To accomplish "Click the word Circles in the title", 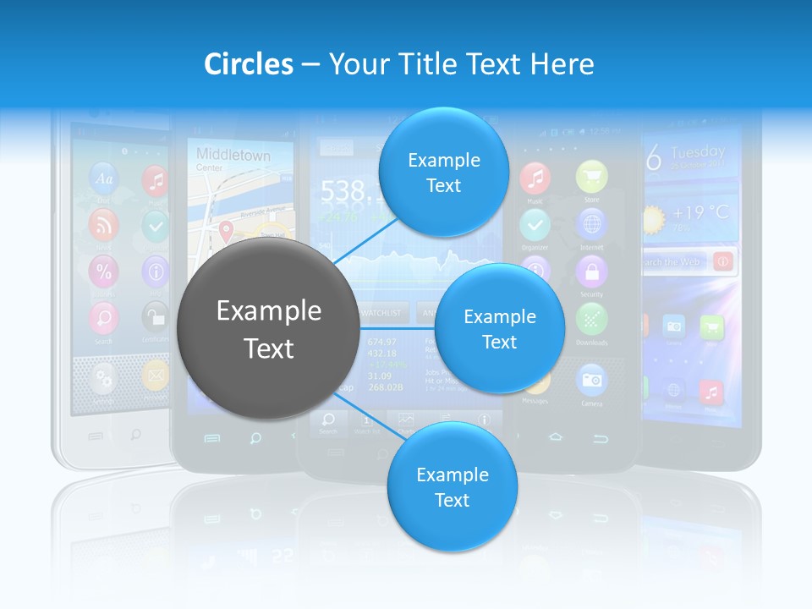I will (249, 63).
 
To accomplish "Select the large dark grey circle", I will (268, 329).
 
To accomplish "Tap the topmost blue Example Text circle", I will (443, 172).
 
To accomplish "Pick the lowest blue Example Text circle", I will (452, 487).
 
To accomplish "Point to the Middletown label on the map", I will (233, 155).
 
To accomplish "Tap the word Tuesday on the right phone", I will (698, 152).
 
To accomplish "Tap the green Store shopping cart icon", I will (591, 178).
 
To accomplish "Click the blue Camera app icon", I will (591, 380).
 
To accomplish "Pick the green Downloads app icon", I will (591, 319).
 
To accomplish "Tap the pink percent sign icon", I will (104, 272).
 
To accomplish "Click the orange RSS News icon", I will (104, 225).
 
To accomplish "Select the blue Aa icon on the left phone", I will (104, 178).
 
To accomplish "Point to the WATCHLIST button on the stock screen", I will (384, 312).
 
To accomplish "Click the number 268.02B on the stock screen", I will (385, 387).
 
